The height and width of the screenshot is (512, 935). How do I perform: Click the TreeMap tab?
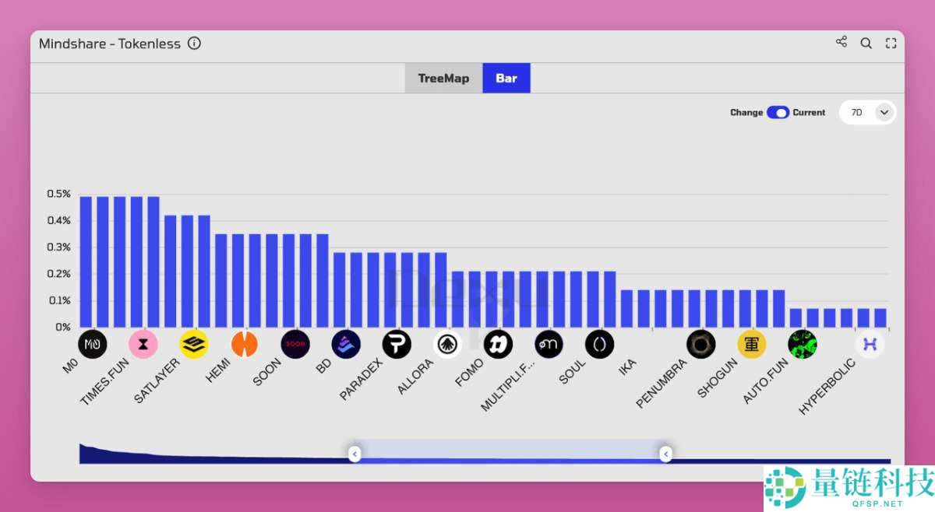(443, 78)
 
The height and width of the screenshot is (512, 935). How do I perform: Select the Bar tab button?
(506, 78)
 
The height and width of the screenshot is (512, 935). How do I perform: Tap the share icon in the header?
(841, 42)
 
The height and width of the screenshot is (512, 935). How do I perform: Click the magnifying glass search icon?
(866, 44)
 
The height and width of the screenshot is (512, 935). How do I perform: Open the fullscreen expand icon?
(891, 44)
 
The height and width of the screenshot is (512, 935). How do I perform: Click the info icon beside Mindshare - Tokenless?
(195, 44)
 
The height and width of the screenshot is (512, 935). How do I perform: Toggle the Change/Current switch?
(778, 112)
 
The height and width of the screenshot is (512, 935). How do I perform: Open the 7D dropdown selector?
(867, 112)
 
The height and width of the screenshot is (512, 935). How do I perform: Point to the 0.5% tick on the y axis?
(58, 194)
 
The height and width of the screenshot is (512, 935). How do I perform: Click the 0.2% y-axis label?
(58, 274)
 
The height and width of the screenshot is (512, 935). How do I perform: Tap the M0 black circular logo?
(93, 344)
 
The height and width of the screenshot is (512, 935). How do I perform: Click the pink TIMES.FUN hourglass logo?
(143, 344)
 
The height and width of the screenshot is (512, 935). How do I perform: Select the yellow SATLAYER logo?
(194, 344)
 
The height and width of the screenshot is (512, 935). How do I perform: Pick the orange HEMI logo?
(245, 344)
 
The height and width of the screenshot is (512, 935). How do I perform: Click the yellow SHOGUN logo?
(752, 344)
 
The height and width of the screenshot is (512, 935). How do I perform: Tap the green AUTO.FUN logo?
(803, 344)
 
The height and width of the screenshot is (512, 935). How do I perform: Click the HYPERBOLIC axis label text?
(827, 387)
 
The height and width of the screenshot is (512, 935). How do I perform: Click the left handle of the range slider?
(355, 453)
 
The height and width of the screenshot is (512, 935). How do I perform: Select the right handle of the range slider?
(665, 453)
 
